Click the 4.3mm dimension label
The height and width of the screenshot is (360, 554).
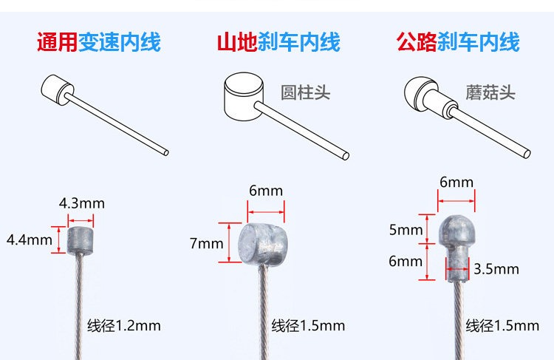(81, 204)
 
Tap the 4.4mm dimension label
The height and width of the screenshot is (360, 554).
(30, 240)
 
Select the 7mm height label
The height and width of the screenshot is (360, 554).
(206, 244)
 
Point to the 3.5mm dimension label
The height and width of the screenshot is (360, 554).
(496, 269)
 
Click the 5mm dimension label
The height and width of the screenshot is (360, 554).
(406, 230)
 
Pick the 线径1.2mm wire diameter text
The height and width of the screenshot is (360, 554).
(124, 326)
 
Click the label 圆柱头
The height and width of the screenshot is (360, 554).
(305, 92)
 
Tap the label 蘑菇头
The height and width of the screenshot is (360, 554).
(490, 92)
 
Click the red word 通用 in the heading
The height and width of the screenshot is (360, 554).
(57, 42)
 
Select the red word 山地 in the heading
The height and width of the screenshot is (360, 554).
(237, 42)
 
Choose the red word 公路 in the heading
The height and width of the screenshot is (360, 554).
(417, 42)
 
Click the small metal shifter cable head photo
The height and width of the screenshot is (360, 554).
(81, 241)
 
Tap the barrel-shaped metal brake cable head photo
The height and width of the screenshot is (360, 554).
(262, 245)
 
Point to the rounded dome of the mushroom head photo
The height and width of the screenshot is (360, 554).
(456, 229)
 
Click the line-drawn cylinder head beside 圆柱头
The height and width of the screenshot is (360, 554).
(244, 96)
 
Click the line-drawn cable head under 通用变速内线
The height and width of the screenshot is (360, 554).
(58, 89)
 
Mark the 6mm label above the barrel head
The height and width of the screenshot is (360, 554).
(266, 191)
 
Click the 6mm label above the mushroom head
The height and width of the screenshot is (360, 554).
(456, 183)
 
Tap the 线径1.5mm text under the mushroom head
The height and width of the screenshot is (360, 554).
(502, 326)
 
